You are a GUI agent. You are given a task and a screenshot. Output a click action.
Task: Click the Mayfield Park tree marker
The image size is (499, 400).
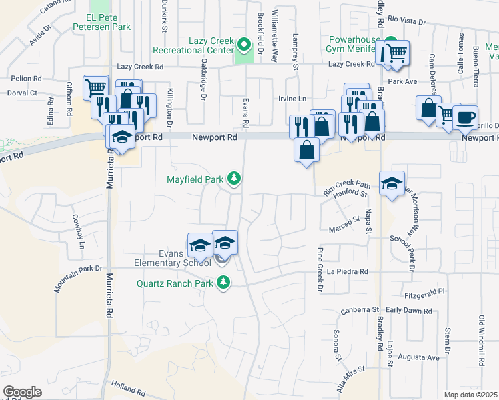(233, 178)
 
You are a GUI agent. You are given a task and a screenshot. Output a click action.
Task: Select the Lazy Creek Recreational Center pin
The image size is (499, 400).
(244, 45)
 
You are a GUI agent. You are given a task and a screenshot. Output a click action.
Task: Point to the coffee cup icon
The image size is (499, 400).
(465, 117)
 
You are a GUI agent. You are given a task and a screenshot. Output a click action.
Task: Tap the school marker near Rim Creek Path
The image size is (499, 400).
(392, 183)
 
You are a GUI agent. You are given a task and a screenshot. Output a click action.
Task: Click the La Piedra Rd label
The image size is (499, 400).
(348, 272)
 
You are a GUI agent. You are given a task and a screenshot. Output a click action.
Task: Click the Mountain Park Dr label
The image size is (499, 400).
(79, 279)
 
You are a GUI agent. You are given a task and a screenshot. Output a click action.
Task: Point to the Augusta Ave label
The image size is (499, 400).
(420, 357)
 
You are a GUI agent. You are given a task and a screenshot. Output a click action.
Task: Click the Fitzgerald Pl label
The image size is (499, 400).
(424, 293)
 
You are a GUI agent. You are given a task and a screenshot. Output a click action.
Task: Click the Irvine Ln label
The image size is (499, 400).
(292, 99)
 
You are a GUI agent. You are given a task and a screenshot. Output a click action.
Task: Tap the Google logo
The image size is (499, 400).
(22, 392)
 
